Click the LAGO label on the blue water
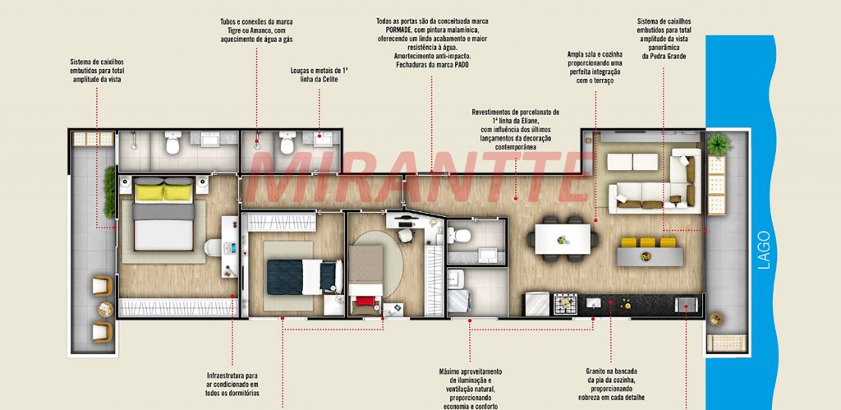(x=765, y=250)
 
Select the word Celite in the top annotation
(x=330, y=80)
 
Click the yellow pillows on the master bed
(x=163, y=192)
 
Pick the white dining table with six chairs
(x=562, y=239)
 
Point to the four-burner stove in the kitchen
(x=565, y=304)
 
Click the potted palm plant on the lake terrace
(x=718, y=143)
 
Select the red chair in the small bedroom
(x=365, y=301)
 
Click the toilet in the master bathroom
(x=172, y=143)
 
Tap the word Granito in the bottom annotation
(x=596, y=371)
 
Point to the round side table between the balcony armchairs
(x=106, y=309)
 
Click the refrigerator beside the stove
(x=536, y=304)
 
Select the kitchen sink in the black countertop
(x=594, y=304)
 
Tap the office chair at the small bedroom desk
(x=405, y=235)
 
